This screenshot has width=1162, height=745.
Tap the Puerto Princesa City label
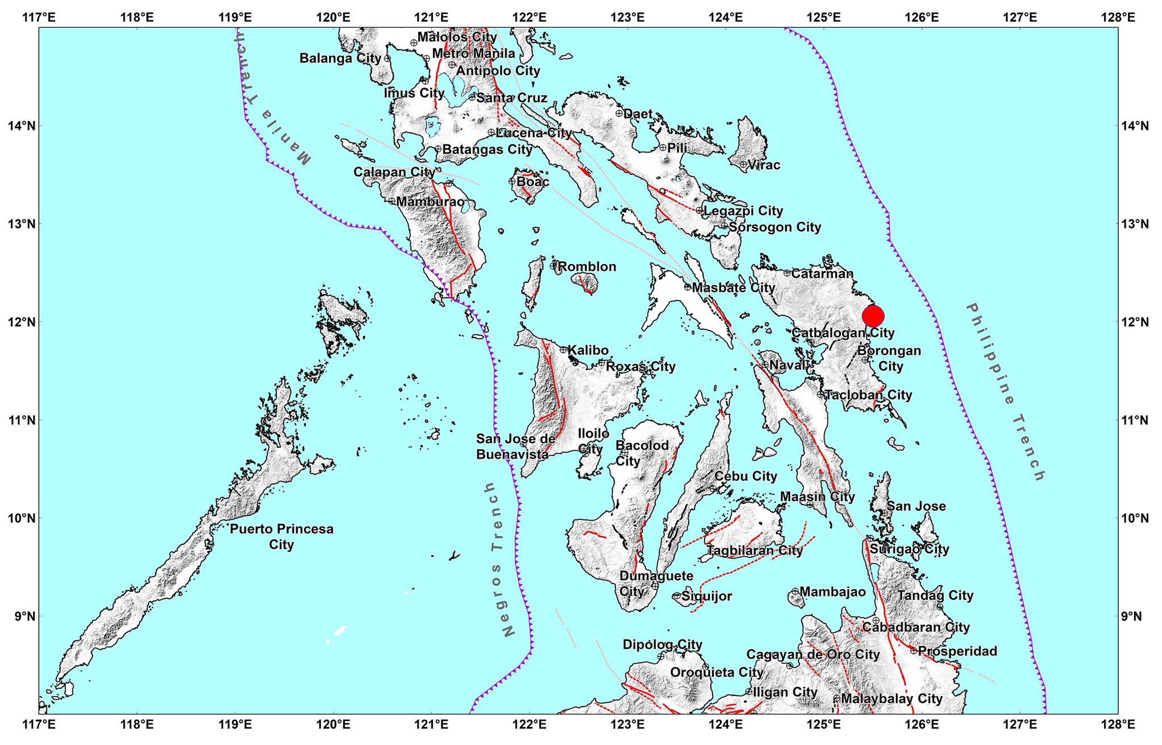click(x=281, y=536)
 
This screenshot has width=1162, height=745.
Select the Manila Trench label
click(x=272, y=105)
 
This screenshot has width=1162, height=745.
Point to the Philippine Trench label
click(x=1005, y=391)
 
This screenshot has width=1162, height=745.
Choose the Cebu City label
click(x=746, y=476)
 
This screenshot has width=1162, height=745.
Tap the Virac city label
click(x=764, y=165)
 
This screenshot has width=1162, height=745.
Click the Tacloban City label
click(x=868, y=395)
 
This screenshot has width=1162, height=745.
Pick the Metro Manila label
click(x=474, y=53)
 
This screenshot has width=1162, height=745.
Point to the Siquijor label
click(x=706, y=596)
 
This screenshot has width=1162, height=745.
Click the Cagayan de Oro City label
click(x=812, y=655)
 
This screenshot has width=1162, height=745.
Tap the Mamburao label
click(x=431, y=201)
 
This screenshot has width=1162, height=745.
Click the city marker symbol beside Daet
click(x=619, y=113)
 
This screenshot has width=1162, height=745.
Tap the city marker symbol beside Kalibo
click(x=563, y=350)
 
